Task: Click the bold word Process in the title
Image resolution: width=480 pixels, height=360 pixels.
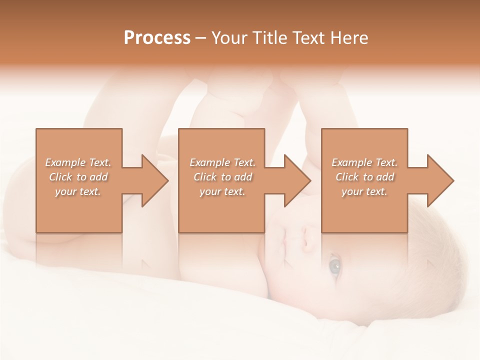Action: [157, 38]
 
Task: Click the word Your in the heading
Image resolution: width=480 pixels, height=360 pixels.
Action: [229, 38]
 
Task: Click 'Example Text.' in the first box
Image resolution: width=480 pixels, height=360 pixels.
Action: [78, 162]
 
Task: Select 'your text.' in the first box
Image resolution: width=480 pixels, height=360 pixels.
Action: [78, 191]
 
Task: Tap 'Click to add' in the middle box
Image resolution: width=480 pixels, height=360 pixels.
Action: [222, 177]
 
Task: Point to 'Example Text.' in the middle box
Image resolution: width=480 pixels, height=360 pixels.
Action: [222, 162]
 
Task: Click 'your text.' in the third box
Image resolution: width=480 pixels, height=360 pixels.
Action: [364, 191]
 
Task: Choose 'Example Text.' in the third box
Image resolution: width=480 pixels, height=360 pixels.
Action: [364, 162]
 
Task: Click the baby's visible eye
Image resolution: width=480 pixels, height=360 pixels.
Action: [333, 265]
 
